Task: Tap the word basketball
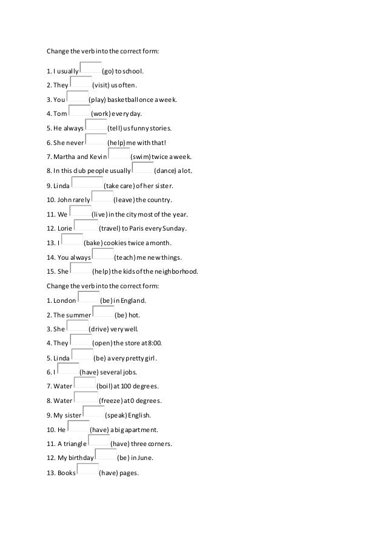click(x=130, y=100)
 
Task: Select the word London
click(x=64, y=300)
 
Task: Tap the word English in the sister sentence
click(x=140, y=415)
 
